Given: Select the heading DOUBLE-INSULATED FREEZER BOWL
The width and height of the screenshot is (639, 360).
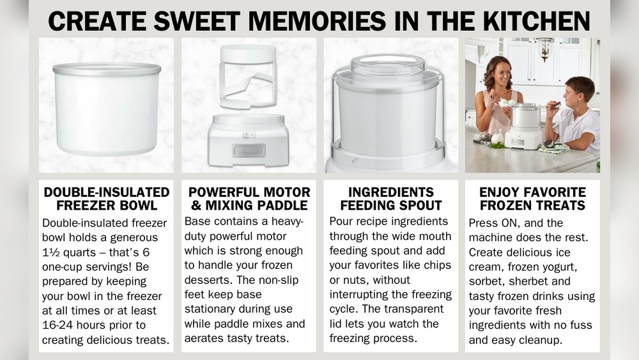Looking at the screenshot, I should coord(106,199).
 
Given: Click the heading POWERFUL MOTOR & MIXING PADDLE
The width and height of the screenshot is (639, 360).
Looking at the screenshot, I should coord(249,199).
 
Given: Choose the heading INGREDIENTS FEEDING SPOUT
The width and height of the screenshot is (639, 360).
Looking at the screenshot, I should coord(390,199).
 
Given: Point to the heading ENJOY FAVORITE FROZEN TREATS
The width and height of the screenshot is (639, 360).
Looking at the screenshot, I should coord(532,199).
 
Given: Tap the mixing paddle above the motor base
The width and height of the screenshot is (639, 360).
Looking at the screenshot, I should coord(248,77).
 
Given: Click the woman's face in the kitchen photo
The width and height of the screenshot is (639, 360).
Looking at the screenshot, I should coord(500,79).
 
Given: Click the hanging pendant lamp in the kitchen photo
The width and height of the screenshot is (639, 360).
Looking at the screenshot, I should coord(544,47).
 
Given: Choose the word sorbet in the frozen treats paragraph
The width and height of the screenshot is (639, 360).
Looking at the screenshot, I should coord(485,282).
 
